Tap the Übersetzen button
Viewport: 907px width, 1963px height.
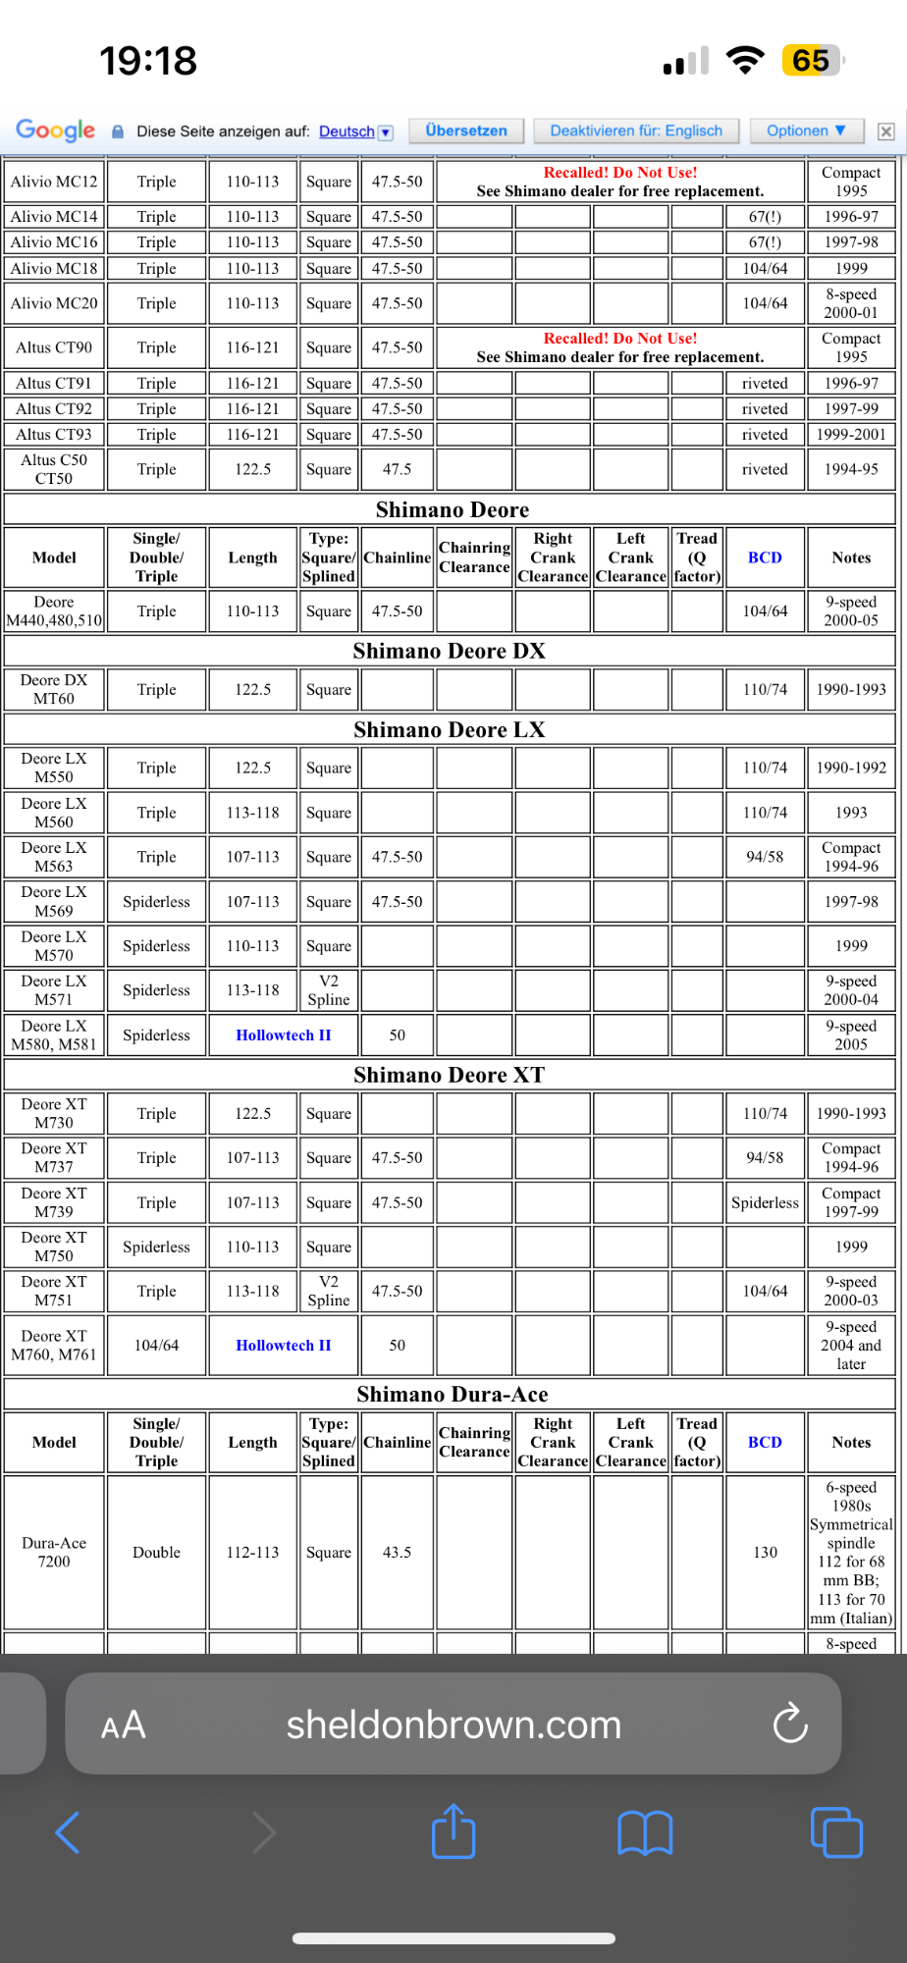tap(466, 131)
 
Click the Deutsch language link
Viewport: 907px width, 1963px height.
tap(347, 132)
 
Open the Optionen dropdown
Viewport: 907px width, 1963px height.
tap(806, 131)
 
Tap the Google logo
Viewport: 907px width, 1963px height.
tap(55, 130)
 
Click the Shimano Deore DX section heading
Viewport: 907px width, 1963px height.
tap(449, 651)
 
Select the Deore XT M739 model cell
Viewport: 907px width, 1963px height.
tap(54, 1202)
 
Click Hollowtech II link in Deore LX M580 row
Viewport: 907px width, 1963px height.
tap(284, 1035)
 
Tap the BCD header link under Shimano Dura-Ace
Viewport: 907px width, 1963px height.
tap(765, 1442)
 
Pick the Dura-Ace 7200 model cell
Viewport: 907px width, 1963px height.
tap(54, 1552)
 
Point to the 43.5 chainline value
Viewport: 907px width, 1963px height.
tap(397, 1552)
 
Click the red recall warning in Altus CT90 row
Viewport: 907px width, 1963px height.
tap(620, 339)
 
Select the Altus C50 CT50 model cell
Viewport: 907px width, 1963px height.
tap(54, 469)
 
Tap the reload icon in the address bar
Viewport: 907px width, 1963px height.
tap(790, 1724)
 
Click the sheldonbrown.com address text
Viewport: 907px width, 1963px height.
tap(453, 1724)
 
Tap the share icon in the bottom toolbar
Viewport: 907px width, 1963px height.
tap(453, 1831)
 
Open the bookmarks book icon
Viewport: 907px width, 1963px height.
tap(645, 1832)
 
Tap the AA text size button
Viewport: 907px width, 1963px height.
tap(124, 1724)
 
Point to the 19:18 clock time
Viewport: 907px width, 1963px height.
tap(148, 61)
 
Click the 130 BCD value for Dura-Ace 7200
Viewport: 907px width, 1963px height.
tap(765, 1552)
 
